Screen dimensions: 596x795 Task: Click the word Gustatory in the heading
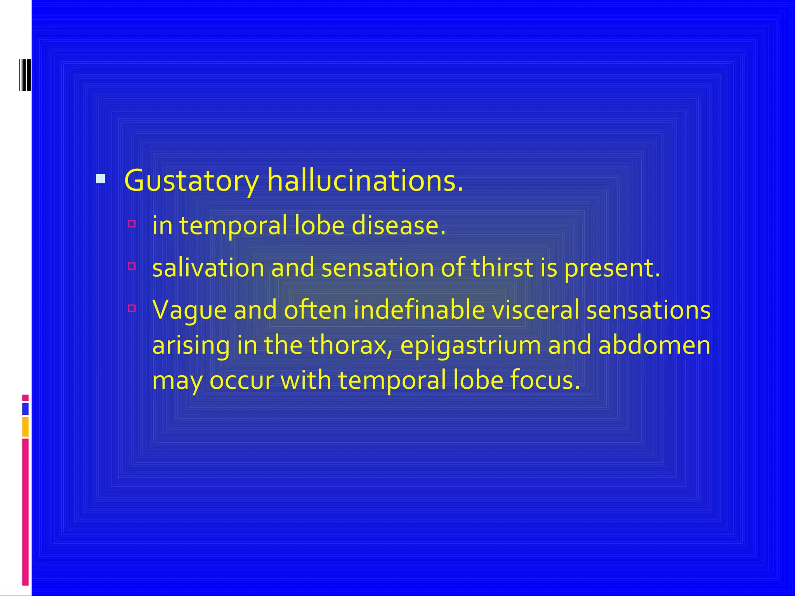click(x=191, y=181)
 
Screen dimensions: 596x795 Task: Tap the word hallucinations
click(x=365, y=181)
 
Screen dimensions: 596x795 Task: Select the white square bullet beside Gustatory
click(x=101, y=179)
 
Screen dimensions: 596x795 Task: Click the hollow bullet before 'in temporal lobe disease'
click(x=132, y=224)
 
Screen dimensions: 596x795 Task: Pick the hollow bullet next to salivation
click(x=132, y=266)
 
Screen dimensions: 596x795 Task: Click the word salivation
click(x=208, y=268)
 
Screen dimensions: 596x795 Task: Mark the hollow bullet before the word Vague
click(x=132, y=308)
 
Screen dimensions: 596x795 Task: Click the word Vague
click(x=189, y=310)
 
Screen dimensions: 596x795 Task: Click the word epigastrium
click(x=470, y=346)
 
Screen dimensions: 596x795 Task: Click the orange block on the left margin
click(x=25, y=427)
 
